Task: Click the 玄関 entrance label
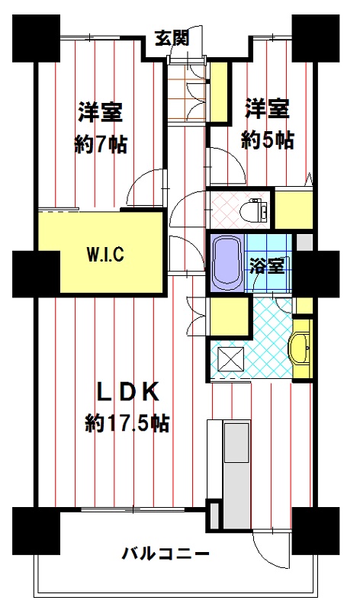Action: pos(172,37)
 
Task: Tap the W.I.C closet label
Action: pos(104,255)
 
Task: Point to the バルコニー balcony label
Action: pos(166,554)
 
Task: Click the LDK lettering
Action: pos(127,392)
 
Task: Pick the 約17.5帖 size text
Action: pos(127,423)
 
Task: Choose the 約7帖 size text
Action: pos(101,145)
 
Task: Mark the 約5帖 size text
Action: pos(268,140)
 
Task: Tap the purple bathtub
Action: pos(227,263)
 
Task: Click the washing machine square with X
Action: pos(231,358)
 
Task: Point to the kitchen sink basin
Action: pos(236,442)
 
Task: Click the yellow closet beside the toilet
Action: pos(294,208)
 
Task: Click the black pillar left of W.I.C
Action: pos(36,274)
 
